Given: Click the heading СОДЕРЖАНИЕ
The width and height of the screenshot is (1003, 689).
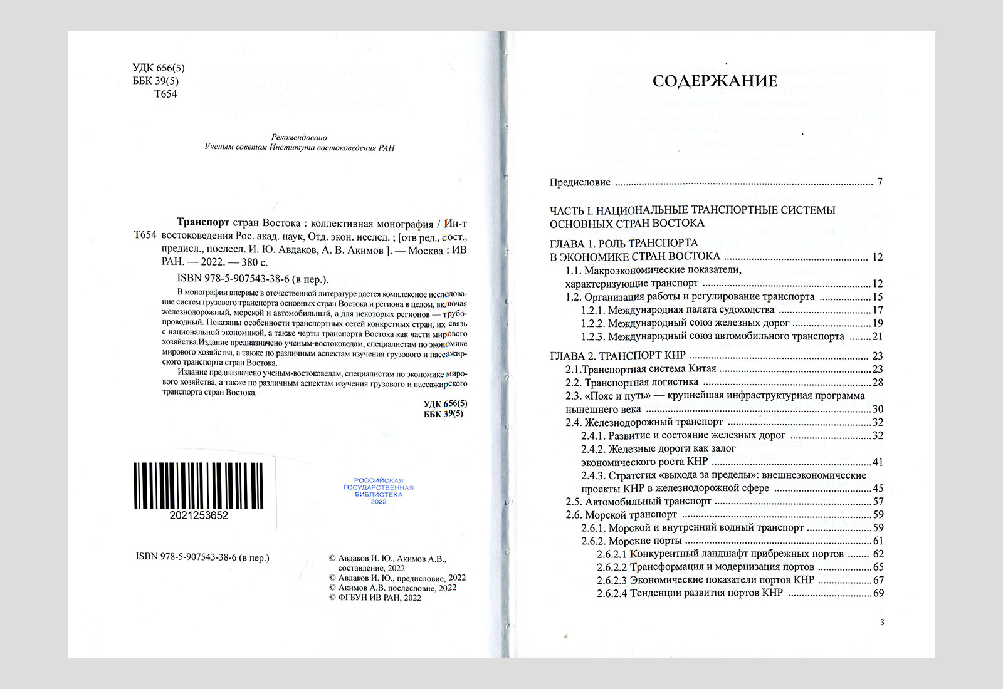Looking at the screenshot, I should point(715,81).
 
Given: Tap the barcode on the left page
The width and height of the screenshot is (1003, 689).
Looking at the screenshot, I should point(198,485).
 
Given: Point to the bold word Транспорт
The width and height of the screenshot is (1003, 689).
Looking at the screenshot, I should point(204,223).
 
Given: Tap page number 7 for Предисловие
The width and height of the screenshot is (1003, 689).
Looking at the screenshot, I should point(880,182).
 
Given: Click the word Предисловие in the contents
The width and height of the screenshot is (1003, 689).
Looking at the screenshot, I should point(580,182).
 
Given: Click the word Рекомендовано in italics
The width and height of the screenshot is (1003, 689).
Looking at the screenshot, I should point(299,137).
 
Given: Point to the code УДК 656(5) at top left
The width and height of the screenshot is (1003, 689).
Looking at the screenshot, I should point(159,68).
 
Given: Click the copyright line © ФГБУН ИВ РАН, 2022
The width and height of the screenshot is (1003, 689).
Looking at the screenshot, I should point(375,598).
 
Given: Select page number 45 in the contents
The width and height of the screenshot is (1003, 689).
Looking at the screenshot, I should point(878,488).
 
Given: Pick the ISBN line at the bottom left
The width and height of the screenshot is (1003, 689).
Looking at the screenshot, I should point(202,557).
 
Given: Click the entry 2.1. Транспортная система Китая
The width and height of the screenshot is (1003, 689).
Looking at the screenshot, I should point(641,369).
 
